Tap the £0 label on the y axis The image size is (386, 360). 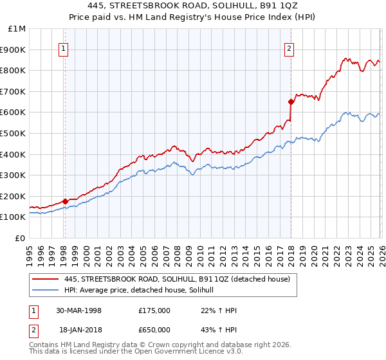click(x=21, y=238)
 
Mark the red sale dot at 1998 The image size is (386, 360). click(x=65, y=201)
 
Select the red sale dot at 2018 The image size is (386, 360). click(x=291, y=102)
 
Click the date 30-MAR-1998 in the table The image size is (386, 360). click(x=78, y=310)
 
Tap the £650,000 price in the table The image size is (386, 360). click(x=154, y=329)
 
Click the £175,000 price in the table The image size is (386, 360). click(x=154, y=310)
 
